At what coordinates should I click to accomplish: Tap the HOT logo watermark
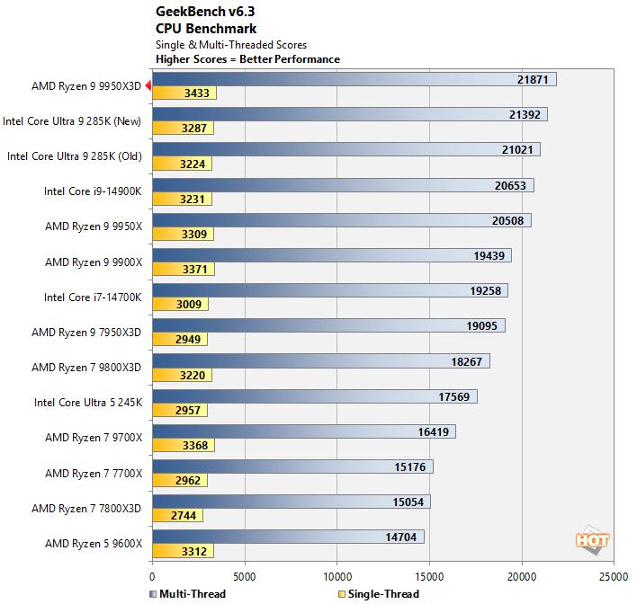593,539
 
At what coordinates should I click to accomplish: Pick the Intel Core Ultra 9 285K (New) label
78,120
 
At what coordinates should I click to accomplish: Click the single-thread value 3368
194,445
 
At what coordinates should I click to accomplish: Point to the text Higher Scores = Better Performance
247,59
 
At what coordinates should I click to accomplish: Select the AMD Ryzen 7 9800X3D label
86,367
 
